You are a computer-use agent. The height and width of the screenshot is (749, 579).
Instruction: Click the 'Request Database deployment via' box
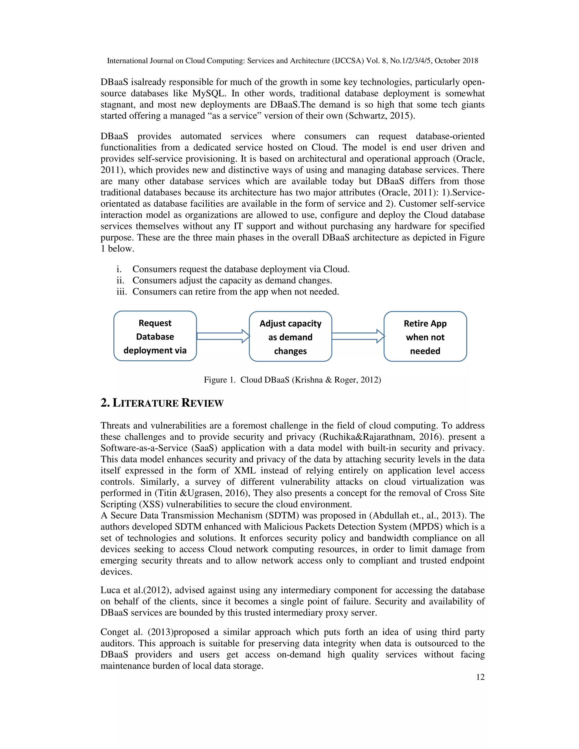(155, 336)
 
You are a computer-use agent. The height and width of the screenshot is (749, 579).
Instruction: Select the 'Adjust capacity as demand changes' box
(290, 336)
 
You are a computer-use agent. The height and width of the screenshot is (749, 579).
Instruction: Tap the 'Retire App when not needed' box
(425, 336)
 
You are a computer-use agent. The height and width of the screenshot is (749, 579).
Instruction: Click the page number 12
(480, 677)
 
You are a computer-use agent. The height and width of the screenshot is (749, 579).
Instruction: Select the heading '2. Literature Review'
(162, 403)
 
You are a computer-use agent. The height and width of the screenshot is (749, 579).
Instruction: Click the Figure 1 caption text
(292, 380)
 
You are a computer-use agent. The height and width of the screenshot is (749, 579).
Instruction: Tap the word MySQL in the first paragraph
(208, 93)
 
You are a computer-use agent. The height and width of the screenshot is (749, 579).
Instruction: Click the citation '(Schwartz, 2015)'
(379, 116)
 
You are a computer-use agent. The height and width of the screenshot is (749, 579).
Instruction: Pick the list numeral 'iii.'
(121, 291)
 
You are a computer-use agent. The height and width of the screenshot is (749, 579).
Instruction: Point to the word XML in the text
(245, 471)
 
